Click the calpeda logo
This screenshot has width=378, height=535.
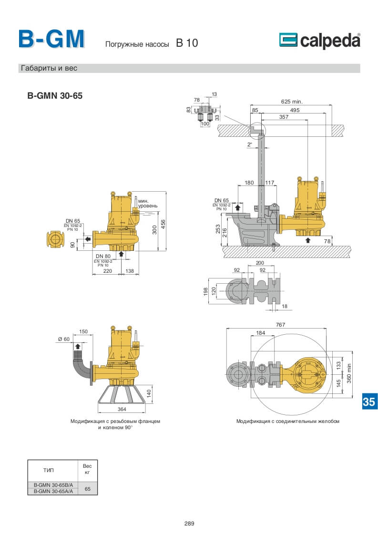(x=319, y=41)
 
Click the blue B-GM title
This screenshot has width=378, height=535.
(x=51, y=39)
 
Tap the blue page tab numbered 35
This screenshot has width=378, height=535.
(x=369, y=401)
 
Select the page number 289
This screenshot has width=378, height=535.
(x=189, y=523)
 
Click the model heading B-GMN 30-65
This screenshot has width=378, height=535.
(x=55, y=95)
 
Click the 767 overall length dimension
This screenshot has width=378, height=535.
(x=280, y=325)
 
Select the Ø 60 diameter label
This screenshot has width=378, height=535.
(x=64, y=339)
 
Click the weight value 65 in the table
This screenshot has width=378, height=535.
(x=87, y=489)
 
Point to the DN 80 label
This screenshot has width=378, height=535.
(x=103, y=257)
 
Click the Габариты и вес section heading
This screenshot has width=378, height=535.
(x=49, y=68)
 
